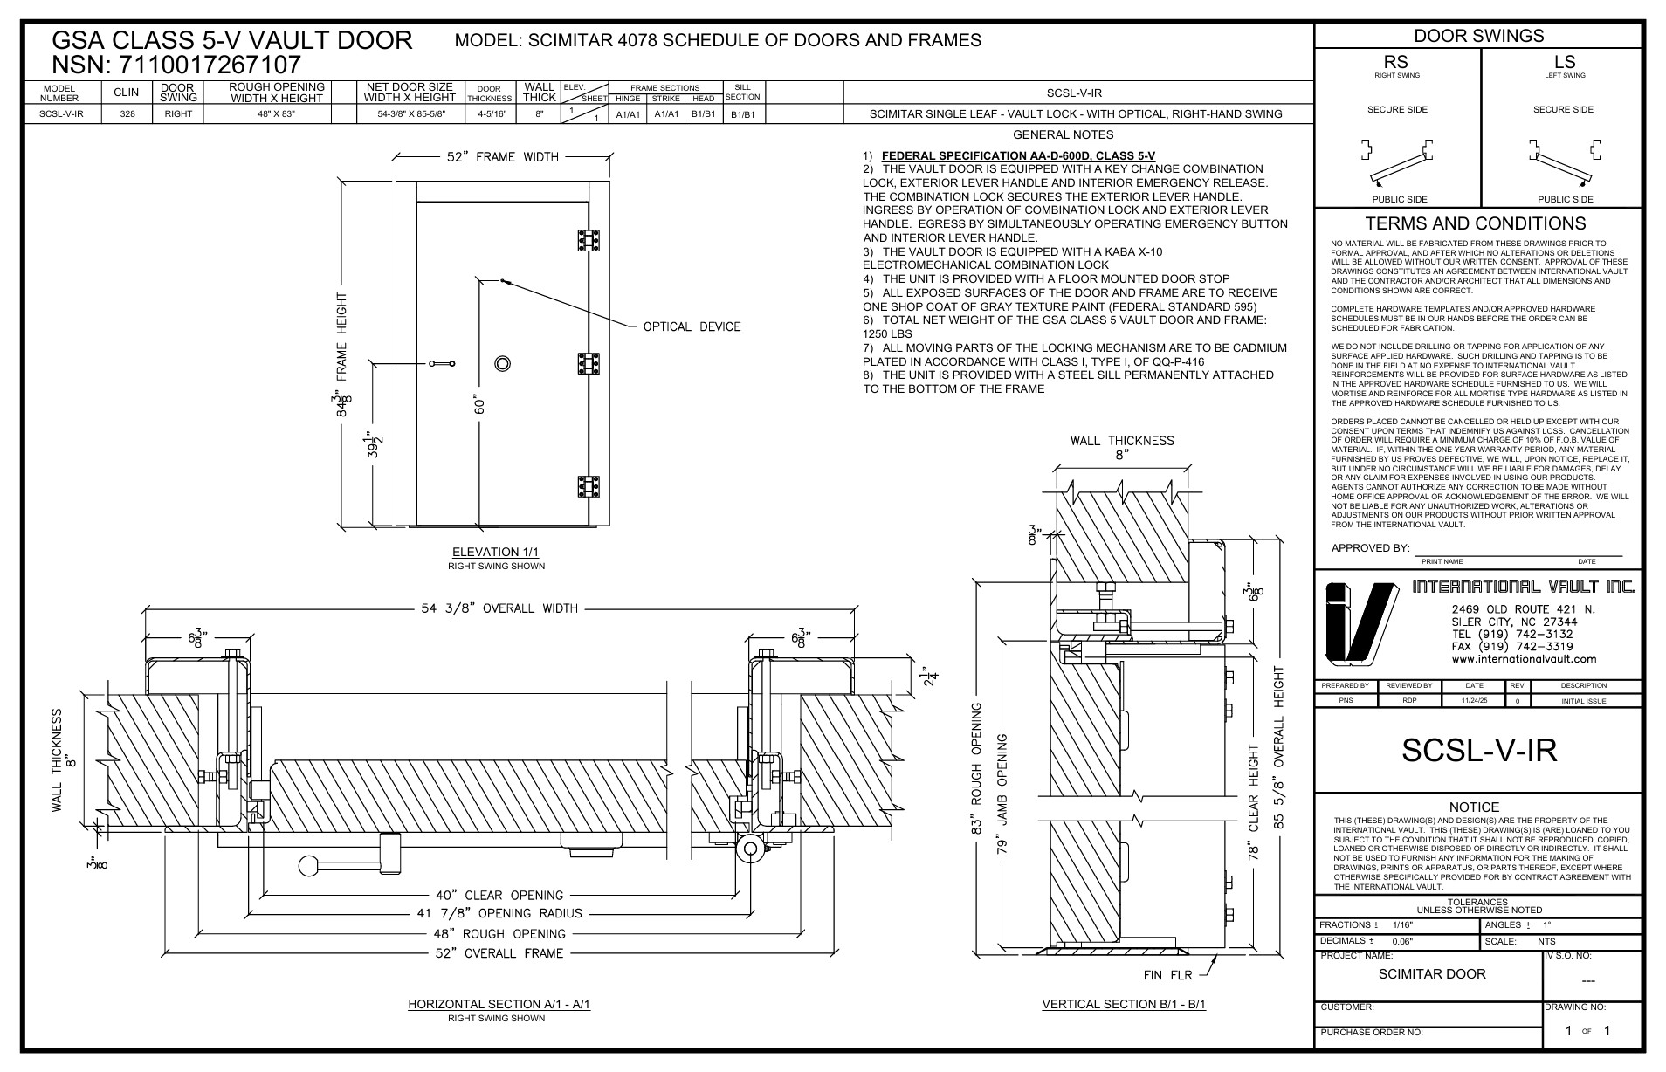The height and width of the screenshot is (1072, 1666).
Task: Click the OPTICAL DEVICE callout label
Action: pos(692,327)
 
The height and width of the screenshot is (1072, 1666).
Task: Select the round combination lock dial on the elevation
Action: pos(502,363)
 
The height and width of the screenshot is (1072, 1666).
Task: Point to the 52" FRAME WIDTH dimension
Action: pos(501,157)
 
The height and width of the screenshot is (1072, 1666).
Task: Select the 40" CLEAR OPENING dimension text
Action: pos(499,895)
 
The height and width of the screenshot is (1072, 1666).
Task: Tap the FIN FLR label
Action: pos(1167,975)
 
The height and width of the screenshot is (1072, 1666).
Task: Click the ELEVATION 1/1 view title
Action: pos(496,552)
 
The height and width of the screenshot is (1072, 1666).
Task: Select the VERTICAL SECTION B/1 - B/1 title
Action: pos(1124,1004)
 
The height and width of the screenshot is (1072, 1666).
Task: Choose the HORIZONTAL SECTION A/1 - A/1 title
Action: pos(499,1004)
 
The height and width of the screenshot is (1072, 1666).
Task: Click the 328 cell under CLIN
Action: pos(127,114)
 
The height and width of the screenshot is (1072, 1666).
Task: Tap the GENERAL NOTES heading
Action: pos(1063,134)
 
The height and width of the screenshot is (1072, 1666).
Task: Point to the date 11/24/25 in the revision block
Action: pos(1474,701)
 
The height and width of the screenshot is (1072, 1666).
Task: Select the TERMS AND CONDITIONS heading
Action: pos(1475,223)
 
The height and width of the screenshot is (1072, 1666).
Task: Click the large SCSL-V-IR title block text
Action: pos(1478,751)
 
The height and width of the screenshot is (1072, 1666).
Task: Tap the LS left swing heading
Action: pos(1563,62)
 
